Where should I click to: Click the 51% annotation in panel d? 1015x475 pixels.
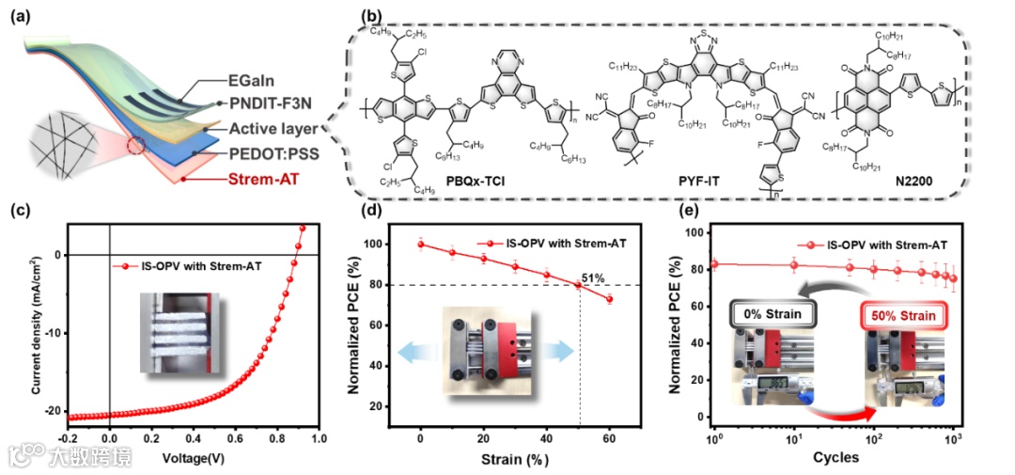593,277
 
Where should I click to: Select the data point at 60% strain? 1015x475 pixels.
609,299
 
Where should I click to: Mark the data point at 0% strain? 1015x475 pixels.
421,245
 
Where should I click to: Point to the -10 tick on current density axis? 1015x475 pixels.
53,332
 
